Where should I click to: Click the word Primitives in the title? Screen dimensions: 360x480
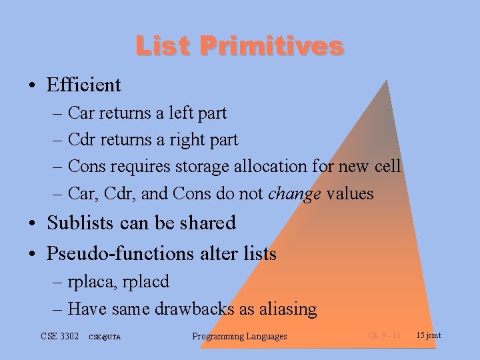coord(271,46)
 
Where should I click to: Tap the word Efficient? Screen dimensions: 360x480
coord(84,85)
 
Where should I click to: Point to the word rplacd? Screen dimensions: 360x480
coord(145,282)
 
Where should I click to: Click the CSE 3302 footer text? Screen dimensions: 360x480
coord(59,335)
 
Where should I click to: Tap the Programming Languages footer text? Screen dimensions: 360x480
coord(239,336)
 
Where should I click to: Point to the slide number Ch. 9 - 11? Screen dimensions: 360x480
coord(385,335)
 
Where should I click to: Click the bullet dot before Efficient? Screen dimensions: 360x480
coord(33,86)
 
